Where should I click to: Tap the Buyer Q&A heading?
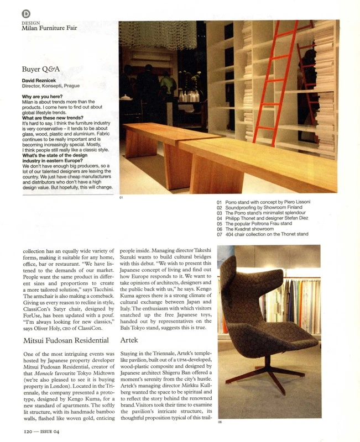40,70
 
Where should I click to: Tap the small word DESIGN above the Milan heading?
30,22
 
